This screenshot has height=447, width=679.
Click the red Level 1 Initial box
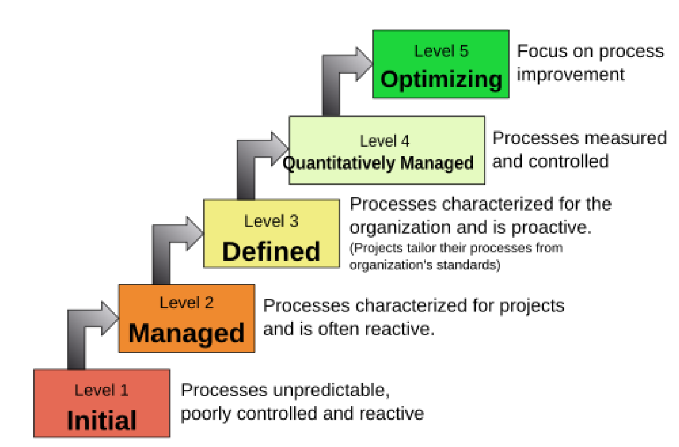pyautogui.click(x=102, y=403)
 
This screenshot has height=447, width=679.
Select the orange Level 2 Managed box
pyautogui.click(x=186, y=318)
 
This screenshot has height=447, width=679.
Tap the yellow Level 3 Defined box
pyautogui.click(x=271, y=234)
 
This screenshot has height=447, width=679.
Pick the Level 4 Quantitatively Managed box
pyautogui.click(x=386, y=150)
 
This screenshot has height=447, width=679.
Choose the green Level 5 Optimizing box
pyautogui.click(x=441, y=64)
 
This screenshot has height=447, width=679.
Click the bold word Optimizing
pyautogui.click(x=441, y=80)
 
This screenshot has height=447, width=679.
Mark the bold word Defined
pyautogui.click(x=271, y=251)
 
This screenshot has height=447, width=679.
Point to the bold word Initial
pyautogui.click(x=102, y=421)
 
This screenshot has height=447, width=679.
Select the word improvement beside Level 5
pyautogui.click(x=571, y=74)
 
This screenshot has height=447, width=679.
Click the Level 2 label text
pyautogui.click(x=186, y=303)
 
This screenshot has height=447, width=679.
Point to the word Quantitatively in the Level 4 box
pyautogui.click(x=339, y=163)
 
